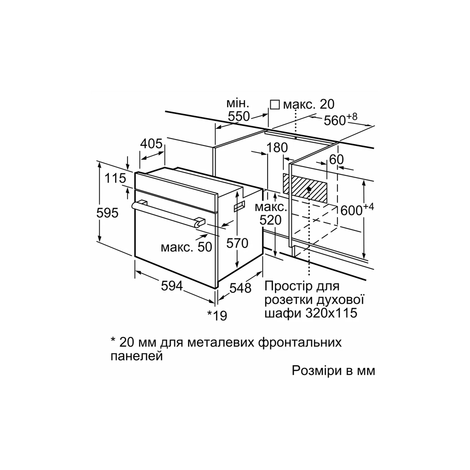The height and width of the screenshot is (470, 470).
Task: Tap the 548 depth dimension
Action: (241, 288)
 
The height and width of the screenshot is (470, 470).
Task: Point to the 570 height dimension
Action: (238, 243)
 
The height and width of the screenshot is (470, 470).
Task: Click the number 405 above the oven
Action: (151, 144)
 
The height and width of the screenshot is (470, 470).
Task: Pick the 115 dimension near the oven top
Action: (115, 179)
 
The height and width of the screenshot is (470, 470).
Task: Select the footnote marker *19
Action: (217, 315)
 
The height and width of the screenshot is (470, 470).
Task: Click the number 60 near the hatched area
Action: (336, 159)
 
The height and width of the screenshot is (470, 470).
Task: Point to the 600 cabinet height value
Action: (352, 210)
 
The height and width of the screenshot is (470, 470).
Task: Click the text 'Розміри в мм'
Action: (333, 370)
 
